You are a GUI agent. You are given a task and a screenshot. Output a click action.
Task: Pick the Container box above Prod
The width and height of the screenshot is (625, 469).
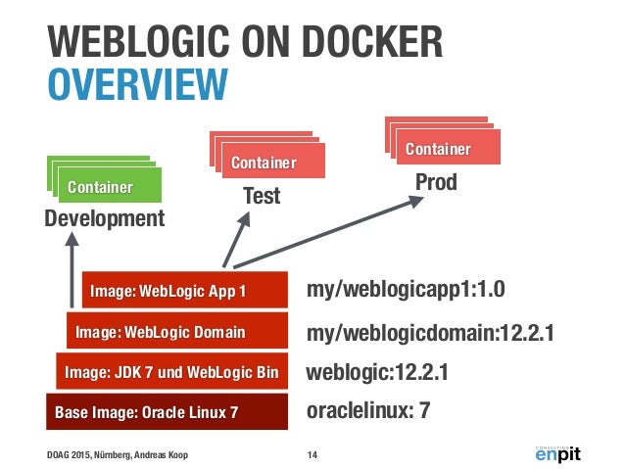click(x=438, y=149)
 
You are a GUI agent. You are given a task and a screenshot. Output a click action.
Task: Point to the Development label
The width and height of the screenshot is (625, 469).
click(x=106, y=217)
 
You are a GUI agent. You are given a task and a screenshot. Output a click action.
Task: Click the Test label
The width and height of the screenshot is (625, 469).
click(x=262, y=196)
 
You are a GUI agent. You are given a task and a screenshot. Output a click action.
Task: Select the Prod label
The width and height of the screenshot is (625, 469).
click(x=436, y=183)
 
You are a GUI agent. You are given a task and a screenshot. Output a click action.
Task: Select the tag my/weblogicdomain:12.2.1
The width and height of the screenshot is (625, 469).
click(x=430, y=333)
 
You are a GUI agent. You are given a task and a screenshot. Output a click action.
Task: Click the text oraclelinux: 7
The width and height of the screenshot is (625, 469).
click(x=368, y=412)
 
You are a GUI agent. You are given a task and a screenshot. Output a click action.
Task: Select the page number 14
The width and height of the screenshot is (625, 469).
click(x=312, y=453)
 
